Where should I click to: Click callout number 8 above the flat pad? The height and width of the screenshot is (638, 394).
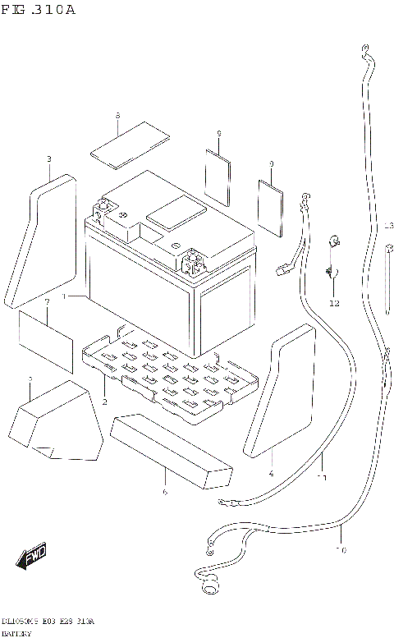(x=118, y=117)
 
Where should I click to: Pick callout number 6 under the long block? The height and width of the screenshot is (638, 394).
(x=164, y=492)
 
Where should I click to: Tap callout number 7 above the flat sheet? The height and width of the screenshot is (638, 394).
(x=48, y=302)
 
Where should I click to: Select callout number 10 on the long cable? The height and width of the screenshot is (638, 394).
(x=341, y=550)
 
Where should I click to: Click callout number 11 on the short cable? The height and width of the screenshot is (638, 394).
(x=323, y=477)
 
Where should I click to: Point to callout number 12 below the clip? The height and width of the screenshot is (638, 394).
(x=333, y=304)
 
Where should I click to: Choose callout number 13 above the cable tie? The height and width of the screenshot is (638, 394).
(x=388, y=225)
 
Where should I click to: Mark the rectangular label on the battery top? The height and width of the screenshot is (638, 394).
(x=176, y=212)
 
